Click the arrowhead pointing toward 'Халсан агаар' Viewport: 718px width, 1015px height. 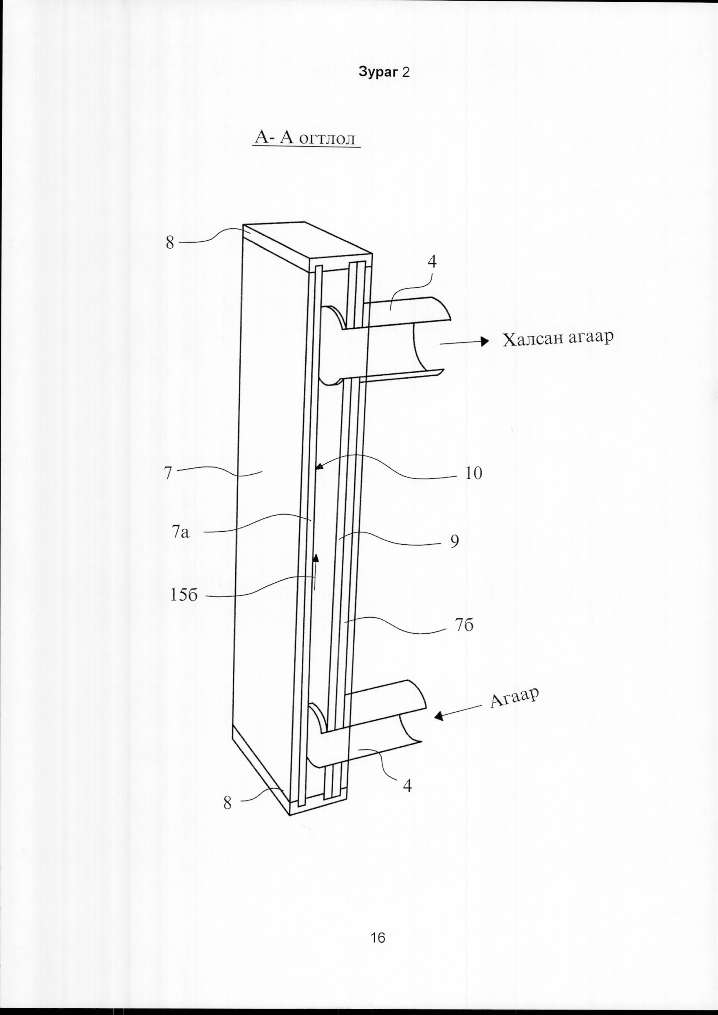pos(486,341)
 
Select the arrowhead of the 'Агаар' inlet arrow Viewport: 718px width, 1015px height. pos(439,717)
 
